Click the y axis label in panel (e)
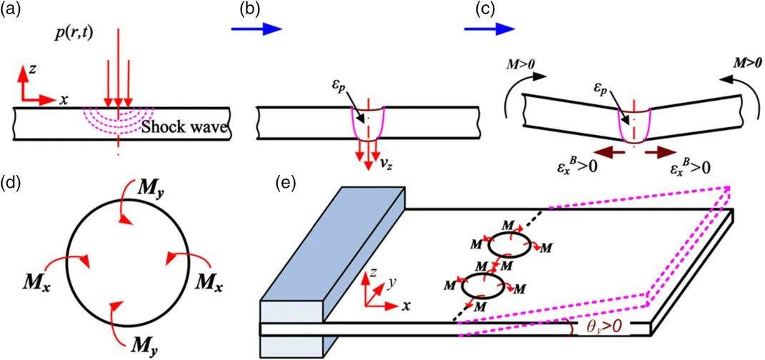point(391,284)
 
